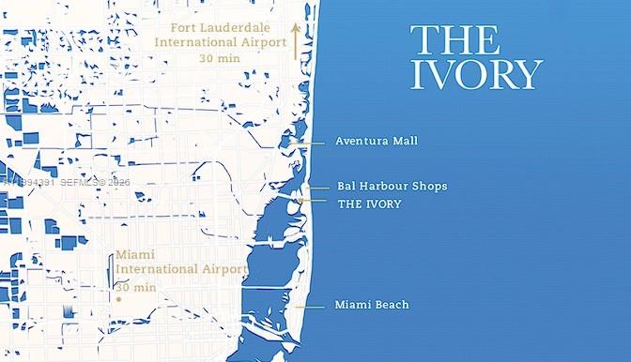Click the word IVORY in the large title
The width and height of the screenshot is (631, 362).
(x=476, y=74)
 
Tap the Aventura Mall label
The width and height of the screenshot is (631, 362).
(x=376, y=142)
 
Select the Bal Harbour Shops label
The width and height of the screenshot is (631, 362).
(x=392, y=186)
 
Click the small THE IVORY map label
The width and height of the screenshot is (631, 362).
(x=368, y=204)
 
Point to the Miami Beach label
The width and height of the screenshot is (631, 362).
(x=371, y=305)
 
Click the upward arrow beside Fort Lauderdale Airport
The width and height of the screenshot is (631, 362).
(x=294, y=41)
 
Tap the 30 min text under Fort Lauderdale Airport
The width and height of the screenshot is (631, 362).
(x=219, y=58)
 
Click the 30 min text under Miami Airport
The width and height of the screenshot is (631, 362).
(x=136, y=287)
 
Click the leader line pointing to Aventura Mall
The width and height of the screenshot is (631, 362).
(x=309, y=142)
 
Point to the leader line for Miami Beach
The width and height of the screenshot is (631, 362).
(x=309, y=305)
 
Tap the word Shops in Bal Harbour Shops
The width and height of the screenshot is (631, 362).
(x=428, y=186)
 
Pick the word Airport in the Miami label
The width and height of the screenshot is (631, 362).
(x=222, y=270)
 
